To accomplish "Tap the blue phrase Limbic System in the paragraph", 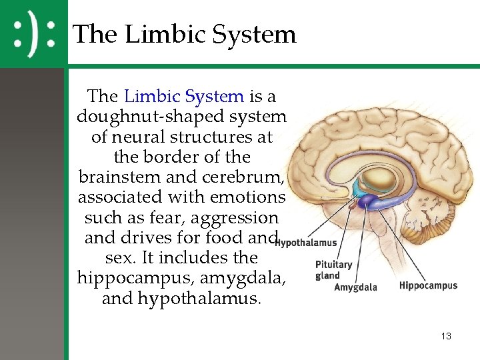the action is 184,96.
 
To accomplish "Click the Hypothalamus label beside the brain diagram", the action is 307,243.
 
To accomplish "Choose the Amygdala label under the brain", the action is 355,287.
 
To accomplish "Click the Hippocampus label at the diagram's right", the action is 428,285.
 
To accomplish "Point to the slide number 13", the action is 446,337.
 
